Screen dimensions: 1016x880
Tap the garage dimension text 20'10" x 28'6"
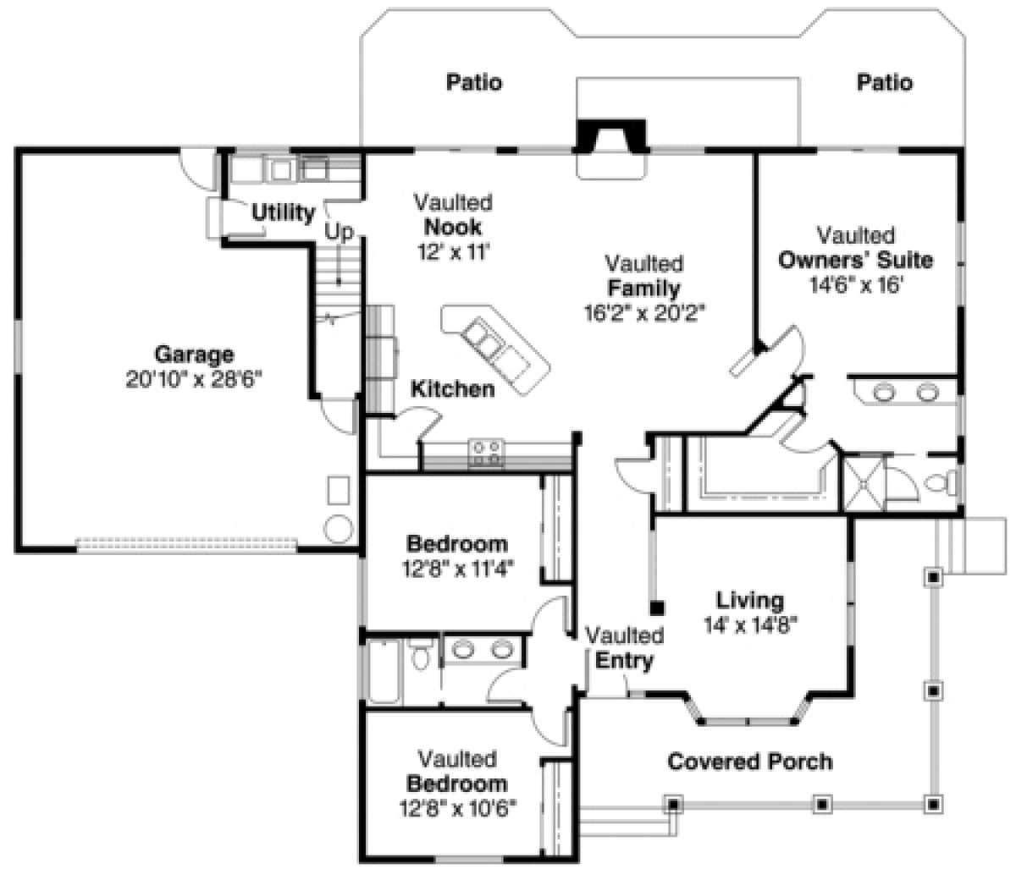click(x=194, y=380)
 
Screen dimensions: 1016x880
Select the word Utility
click(x=283, y=212)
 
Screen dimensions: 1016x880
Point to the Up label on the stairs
click(x=339, y=231)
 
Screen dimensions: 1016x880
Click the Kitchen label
click(x=453, y=389)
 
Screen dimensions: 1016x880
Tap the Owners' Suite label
click(x=855, y=260)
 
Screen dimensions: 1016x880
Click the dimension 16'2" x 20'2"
click(x=644, y=313)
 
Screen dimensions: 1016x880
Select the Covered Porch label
click(x=749, y=762)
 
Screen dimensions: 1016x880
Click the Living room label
click(x=750, y=601)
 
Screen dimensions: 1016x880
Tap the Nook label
click(x=453, y=227)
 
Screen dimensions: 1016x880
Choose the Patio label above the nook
click(x=474, y=82)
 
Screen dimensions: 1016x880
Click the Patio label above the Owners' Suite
click(x=885, y=82)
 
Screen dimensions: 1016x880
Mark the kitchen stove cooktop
click(x=486, y=453)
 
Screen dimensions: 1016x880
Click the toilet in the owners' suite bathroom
click(x=941, y=482)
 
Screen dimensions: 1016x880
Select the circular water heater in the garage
click(x=338, y=529)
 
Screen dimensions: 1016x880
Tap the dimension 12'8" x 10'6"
click(x=457, y=808)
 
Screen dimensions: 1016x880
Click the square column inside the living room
click(x=657, y=608)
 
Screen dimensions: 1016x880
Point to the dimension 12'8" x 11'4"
click(x=457, y=569)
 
